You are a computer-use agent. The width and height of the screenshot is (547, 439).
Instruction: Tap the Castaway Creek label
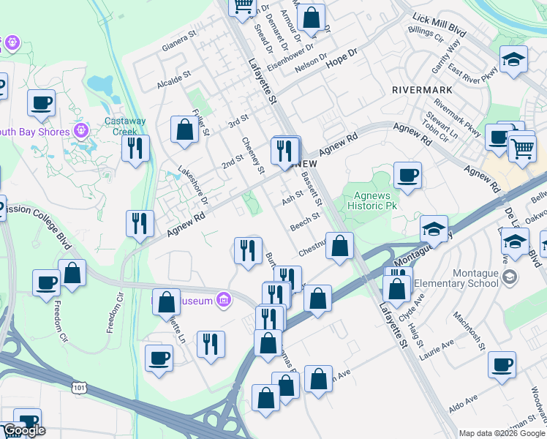[125, 127]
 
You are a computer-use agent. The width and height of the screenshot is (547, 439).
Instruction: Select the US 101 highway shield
[78, 385]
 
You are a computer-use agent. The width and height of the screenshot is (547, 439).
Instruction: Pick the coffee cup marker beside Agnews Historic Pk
[407, 176]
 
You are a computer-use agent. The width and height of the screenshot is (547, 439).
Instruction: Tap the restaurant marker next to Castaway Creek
[135, 149]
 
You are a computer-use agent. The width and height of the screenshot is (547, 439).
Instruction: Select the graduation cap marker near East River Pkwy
[513, 59]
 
